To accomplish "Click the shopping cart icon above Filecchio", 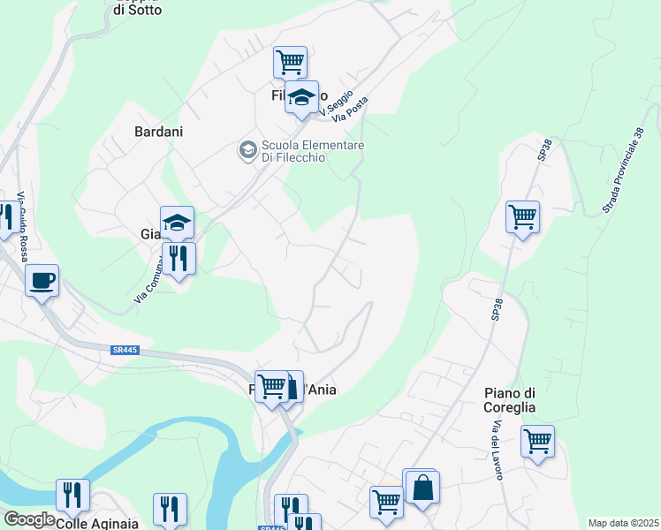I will [290, 63].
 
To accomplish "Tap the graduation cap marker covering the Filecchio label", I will [302, 98].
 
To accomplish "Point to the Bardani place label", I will [158, 132].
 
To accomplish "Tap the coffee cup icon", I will [42, 282].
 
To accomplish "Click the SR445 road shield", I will [125, 351].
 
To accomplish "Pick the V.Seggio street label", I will [337, 104].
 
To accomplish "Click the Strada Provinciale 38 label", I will [624, 169].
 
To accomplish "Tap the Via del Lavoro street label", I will [496, 450].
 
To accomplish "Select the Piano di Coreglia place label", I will [511, 400].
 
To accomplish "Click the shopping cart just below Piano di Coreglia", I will [537, 441].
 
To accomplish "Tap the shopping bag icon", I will [423, 488].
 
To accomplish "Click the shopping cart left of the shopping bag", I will [386, 502].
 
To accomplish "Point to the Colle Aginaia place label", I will [97, 523].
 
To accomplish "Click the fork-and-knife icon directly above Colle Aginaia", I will [72, 496].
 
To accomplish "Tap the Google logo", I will [28, 519].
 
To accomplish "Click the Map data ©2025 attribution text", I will [623, 523].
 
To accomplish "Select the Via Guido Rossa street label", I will [20, 216].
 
